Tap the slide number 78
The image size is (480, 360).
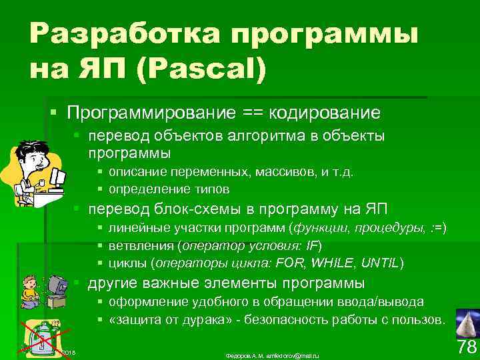tap(467, 347)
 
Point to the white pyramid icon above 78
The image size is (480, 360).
tap(467, 323)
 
